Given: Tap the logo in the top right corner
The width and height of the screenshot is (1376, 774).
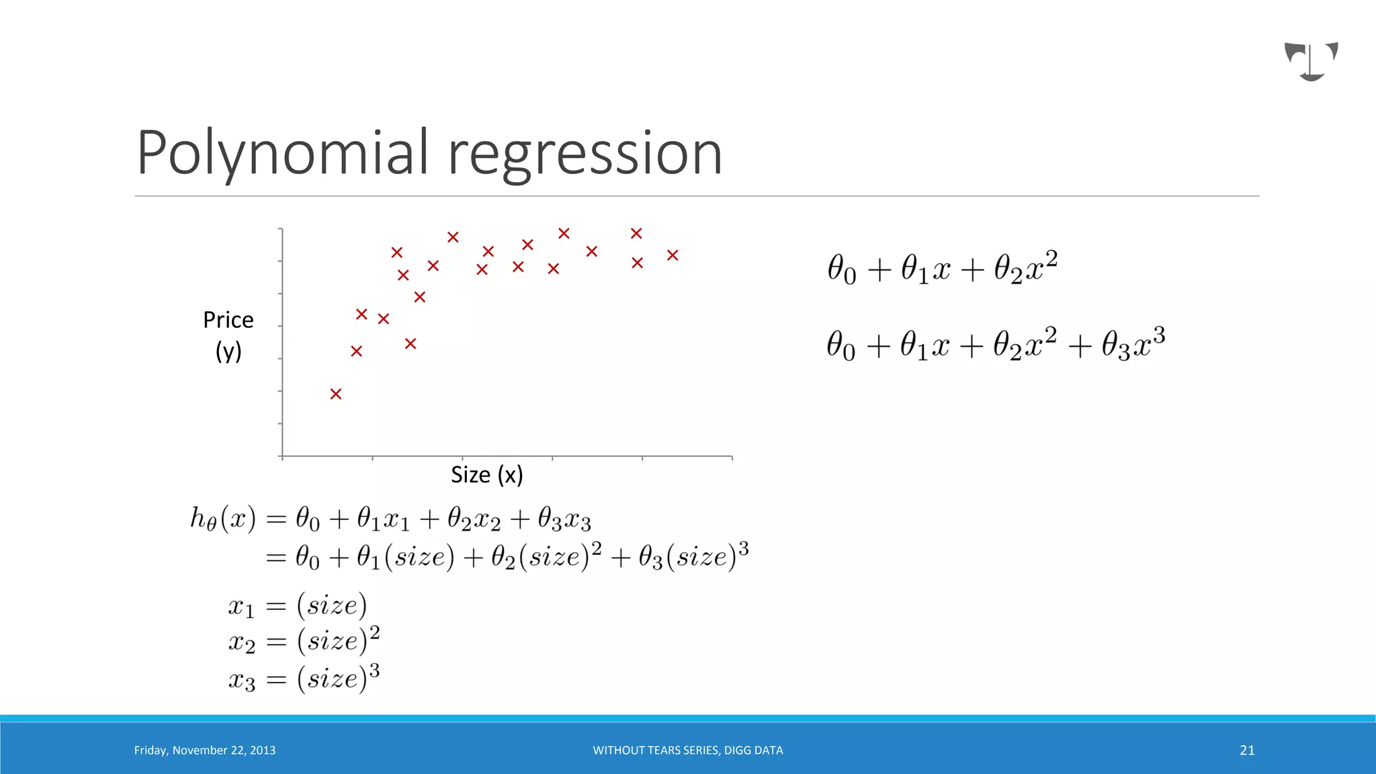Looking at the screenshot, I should [x=1311, y=61].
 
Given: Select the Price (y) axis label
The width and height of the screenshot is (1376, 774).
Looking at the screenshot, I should [x=228, y=335].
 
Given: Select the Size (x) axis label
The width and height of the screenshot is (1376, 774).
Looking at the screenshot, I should [x=486, y=475].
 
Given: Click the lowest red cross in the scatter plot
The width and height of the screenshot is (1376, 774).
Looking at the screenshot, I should [x=336, y=394].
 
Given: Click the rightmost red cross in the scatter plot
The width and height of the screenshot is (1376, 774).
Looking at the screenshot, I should [x=673, y=255].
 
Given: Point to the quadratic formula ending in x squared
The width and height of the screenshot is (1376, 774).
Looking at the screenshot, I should [x=942, y=267].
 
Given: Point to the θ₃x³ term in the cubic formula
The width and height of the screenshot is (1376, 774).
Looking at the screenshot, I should [x=1133, y=344].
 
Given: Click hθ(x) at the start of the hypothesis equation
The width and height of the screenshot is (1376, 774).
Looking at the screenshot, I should [x=223, y=519].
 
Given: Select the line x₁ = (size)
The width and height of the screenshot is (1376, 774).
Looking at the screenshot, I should [x=298, y=605].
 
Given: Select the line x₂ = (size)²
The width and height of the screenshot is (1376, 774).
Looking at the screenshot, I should [x=304, y=642].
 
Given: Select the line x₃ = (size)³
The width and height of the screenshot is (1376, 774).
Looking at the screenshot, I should [x=304, y=679].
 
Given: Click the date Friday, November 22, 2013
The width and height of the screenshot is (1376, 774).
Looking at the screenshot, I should [x=205, y=750].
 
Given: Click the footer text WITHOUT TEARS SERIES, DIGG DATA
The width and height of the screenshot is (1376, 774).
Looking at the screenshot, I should [x=687, y=750].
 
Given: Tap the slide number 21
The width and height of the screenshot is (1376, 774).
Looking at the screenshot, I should [x=1247, y=750].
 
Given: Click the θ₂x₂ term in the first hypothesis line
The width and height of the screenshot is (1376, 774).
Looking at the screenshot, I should [x=474, y=519].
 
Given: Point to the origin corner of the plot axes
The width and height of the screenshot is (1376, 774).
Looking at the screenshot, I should [x=283, y=457].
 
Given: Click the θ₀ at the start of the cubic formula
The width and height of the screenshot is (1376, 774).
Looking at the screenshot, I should [x=841, y=345].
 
